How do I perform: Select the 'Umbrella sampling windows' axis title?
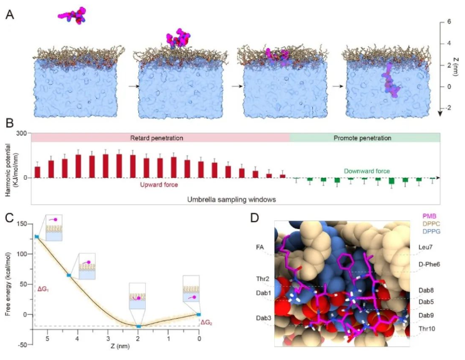click(232, 199)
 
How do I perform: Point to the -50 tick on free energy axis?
click(24, 344)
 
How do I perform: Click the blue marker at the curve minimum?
click(139, 326)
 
